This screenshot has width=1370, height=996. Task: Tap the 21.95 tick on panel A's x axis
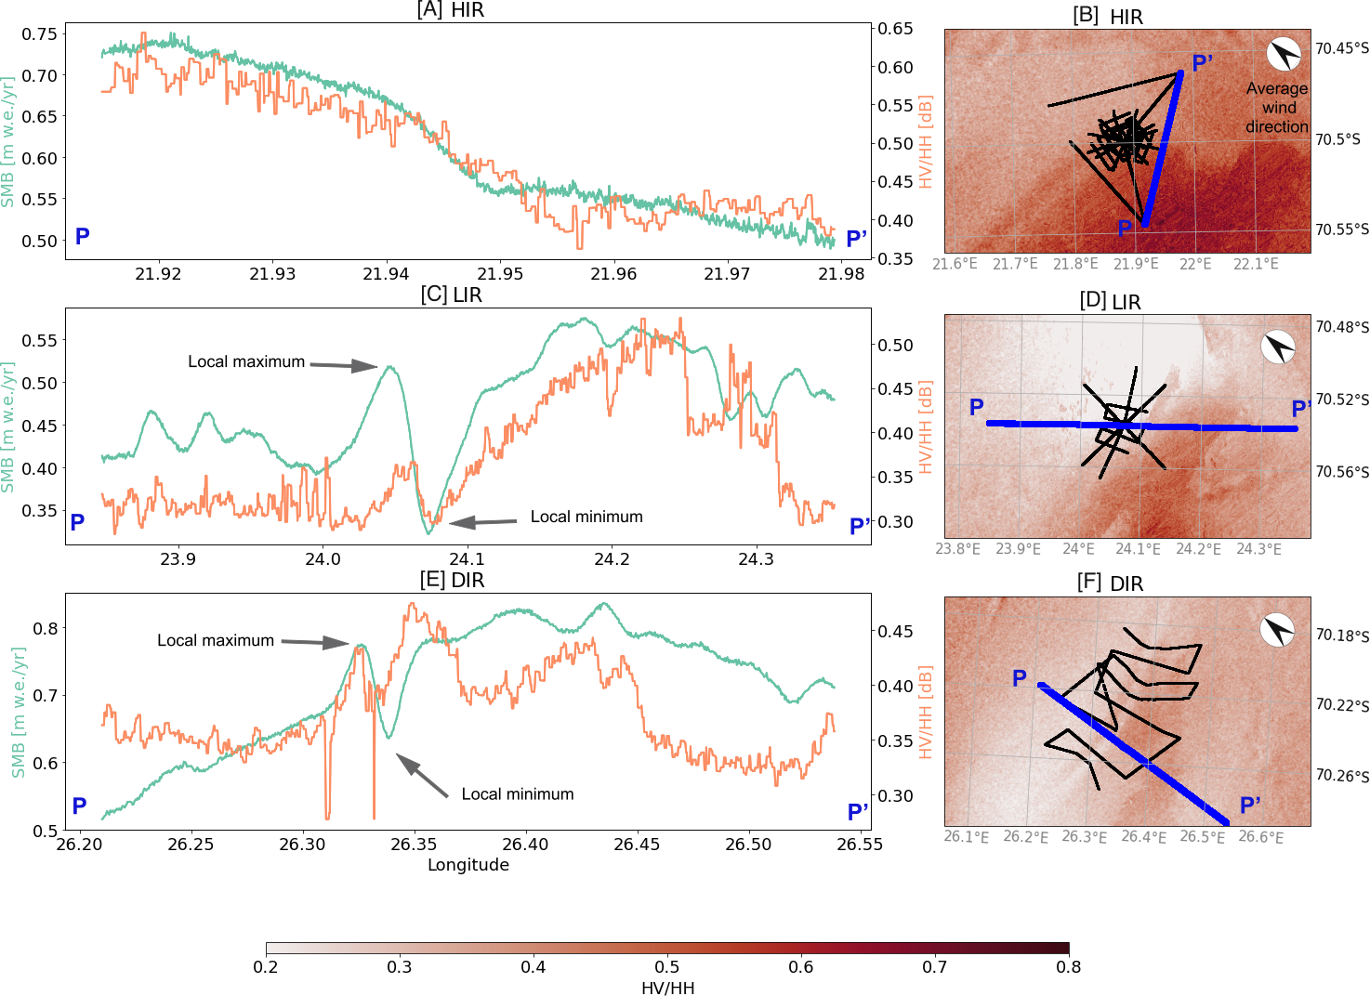click(x=499, y=274)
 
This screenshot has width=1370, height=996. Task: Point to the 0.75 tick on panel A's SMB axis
click(x=40, y=34)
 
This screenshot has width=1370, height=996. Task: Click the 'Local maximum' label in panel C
click(x=246, y=361)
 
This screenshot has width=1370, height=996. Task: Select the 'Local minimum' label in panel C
click(x=586, y=517)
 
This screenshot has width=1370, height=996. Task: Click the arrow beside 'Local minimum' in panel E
click(x=422, y=776)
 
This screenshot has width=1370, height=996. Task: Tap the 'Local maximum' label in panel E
click(x=216, y=640)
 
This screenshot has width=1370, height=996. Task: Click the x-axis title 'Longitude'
click(x=468, y=865)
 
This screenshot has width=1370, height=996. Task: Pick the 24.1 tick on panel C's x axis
click(x=467, y=559)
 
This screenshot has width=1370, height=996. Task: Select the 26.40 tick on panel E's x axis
click(x=525, y=845)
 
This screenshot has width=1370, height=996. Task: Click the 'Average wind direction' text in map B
click(x=1277, y=108)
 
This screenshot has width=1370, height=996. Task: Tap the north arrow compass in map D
click(x=1278, y=347)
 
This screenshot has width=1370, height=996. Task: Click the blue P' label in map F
click(x=1250, y=805)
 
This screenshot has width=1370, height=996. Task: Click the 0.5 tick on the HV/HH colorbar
click(x=667, y=967)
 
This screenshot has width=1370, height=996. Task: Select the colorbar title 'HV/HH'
click(x=667, y=988)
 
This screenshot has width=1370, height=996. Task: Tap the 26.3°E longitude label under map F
click(x=1085, y=837)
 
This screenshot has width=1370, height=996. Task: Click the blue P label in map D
click(x=976, y=407)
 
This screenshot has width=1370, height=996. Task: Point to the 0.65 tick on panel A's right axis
click(x=896, y=29)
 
